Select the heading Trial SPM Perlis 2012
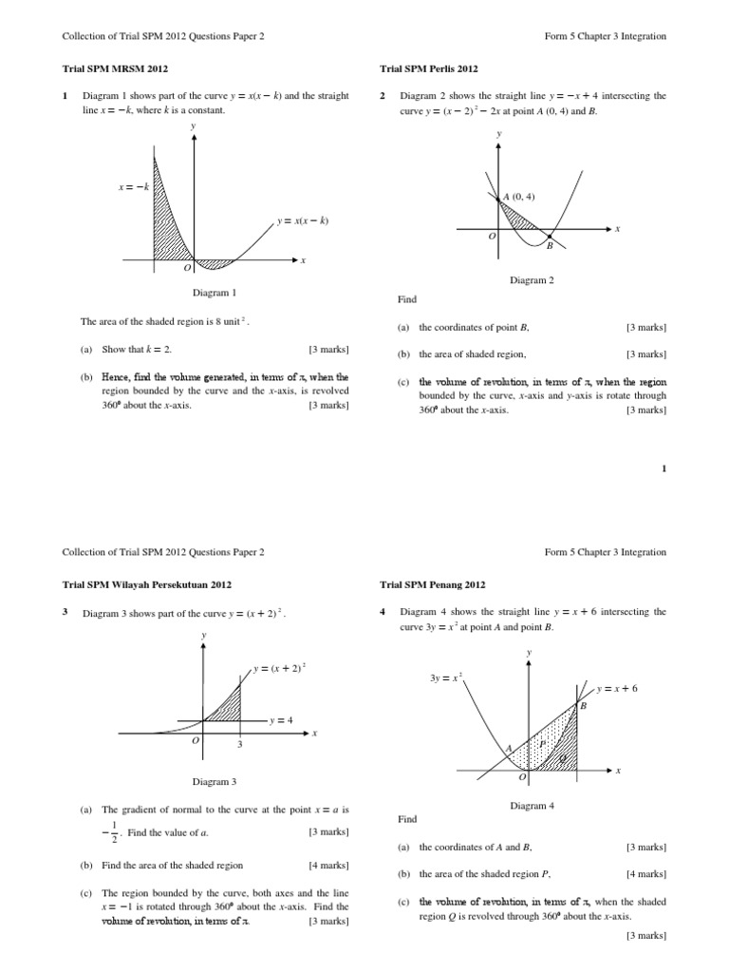tap(429, 69)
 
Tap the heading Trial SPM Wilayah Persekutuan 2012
tap(147, 584)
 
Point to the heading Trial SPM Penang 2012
tap(433, 584)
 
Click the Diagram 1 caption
tap(215, 294)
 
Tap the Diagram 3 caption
tap(215, 781)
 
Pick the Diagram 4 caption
tap(532, 806)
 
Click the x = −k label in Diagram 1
tap(134, 187)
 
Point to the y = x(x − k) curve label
tap(303, 221)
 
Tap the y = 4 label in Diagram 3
tap(282, 720)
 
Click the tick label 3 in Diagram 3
tap(240, 745)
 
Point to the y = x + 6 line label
tap(617, 687)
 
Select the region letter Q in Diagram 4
tap(564, 758)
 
